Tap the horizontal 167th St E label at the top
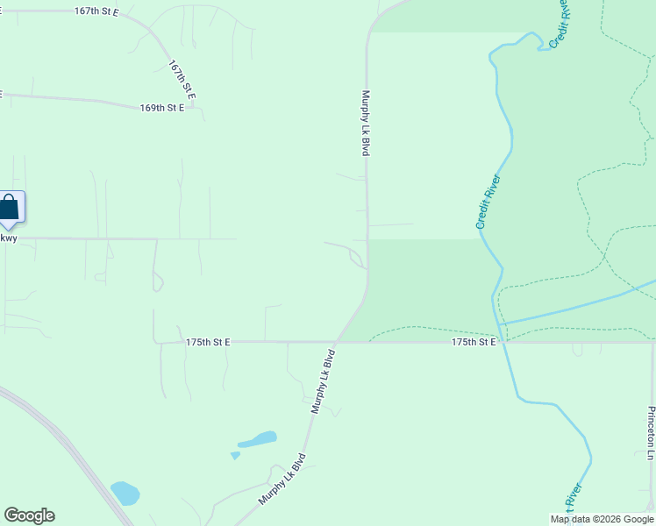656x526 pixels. pyautogui.click(x=96, y=12)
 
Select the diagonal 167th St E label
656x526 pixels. pyautogui.click(x=182, y=80)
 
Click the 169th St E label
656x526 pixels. pyautogui.click(x=162, y=108)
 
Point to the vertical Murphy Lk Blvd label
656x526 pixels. pyautogui.click(x=366, y=124)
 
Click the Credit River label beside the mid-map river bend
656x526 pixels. pyautogui.click(x=488, y=203)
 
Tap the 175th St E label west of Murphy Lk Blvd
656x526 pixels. pyautogui.click(x=208, y=342)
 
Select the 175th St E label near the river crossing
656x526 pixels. pyautogui.click(x=474, y=342)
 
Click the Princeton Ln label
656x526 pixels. pyautogui.click(x=651, y=433)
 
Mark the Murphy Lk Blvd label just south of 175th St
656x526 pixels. pyautogui.click(x=324, y=382)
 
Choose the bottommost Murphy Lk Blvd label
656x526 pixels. pyautogui.click(x=282, y=479)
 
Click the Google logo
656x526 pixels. pyautogui.click(x=29, y=515)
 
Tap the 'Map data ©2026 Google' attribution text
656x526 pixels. pyautogui.click(x=602, y=519)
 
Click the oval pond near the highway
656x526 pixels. pyautogui.click(x=125, y=494)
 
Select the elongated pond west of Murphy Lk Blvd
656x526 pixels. pyautogui.click(x=257, y=439)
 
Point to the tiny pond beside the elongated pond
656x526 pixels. pyautogui.click(x=235, y=455)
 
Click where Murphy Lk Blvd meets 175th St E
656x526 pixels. pyautogui.click(x=338, y=342)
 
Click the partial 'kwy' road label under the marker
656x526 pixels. pyautogui.click(x=8, y=238)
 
